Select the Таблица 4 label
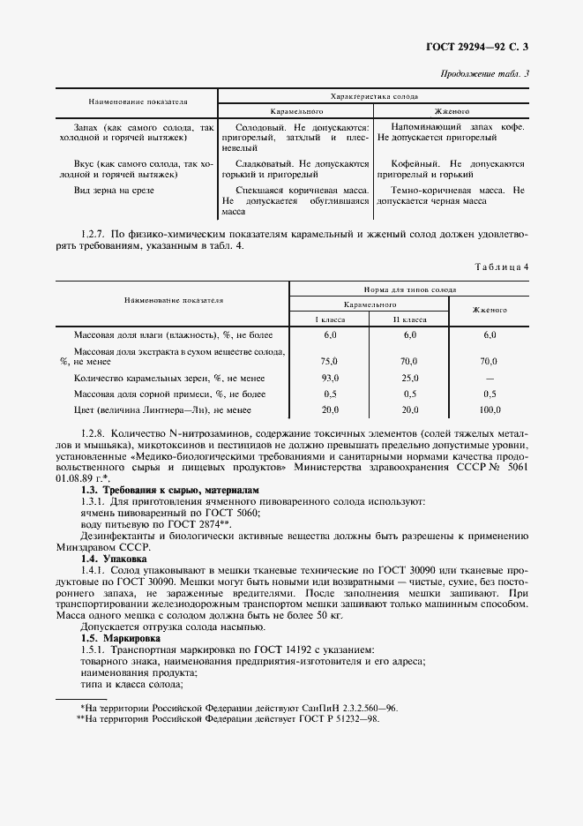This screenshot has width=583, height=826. pyautogui.click(x=500, y=266)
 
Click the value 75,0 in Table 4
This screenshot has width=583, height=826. pyautogui.click(x=330, y=361)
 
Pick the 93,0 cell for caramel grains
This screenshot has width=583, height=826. pyautogui.click(x=330, y=378)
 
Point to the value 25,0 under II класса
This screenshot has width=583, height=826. pyautogui.click(x=409, y=378)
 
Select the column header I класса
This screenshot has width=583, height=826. pyautogui.click(x=330, y=319)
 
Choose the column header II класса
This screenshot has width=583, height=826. pyautogui.click(x=409, y=319)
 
